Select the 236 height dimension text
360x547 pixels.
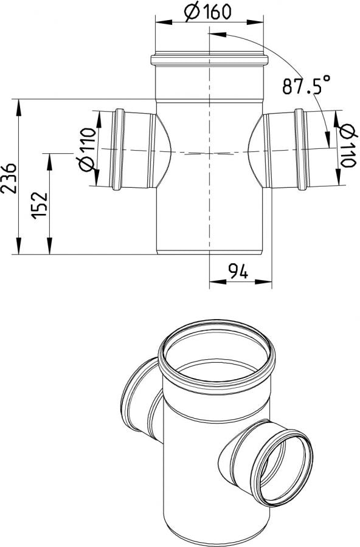pos(9,177)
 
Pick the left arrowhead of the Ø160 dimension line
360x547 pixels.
pos(161,21)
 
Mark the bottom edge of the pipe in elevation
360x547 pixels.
pos(209,254)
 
